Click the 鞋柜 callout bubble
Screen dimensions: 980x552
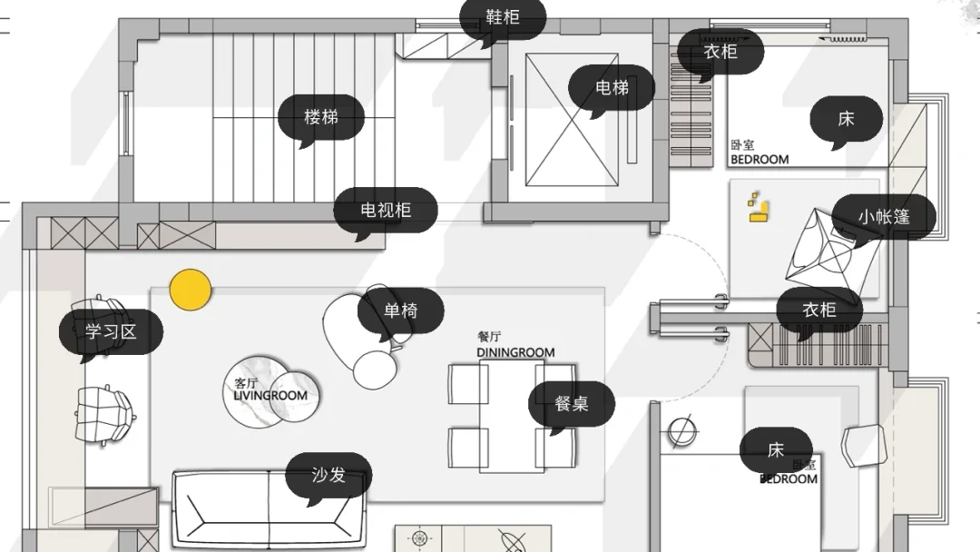[x=503, y=18]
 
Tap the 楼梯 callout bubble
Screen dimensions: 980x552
[x=321, y=117]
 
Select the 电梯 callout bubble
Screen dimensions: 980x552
[x=612, y=88]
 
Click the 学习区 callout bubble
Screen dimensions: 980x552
[x=111, y=332]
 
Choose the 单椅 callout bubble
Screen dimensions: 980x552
[x=400, y=311]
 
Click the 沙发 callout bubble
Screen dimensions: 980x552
[x=328, y=476]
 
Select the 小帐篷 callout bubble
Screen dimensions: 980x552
[x=884, y=217]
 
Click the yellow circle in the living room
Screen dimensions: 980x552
[x=191, y=290]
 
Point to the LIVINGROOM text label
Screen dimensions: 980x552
[x=269, y=396]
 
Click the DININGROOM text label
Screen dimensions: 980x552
[x=514, y=352]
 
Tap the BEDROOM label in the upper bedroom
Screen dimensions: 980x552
[x=759, y=160]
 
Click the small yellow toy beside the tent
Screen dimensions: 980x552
[x=759, y=208]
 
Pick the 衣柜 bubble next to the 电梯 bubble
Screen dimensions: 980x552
[x=720, y=52]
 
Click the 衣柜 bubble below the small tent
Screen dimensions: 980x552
[x=818, y=310]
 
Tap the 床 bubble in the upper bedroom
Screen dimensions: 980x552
[x=846, y=119]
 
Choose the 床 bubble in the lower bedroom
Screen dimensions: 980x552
[x=776, y=450]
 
